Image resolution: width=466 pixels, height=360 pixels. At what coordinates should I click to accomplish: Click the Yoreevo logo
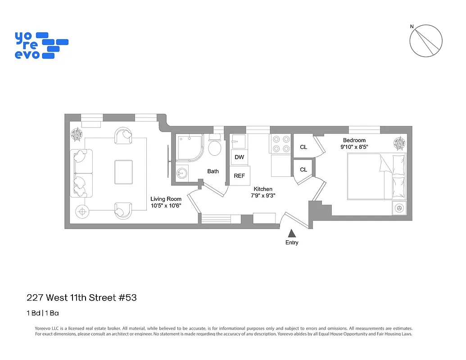point(41,45)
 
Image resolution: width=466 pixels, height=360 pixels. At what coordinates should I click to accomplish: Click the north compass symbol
point(425,41)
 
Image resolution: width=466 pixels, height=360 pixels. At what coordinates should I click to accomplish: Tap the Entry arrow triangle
point(292,233)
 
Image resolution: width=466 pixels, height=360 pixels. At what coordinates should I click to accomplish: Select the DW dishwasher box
point(239,157)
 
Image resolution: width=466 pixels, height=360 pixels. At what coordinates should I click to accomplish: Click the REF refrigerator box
point(239,175)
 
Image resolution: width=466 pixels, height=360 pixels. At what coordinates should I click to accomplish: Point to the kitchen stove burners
point(281,144)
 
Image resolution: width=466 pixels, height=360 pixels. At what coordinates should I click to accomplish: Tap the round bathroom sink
point(181,173)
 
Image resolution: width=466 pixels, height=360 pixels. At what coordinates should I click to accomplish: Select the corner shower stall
point(190,148)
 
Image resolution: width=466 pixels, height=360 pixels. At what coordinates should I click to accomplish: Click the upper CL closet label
point(303,147)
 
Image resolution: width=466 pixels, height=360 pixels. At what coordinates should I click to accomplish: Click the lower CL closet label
point(303,170)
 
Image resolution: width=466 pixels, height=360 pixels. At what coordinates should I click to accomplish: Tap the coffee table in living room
point(123,172)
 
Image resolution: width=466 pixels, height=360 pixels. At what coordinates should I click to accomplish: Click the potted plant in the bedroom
point(399,144)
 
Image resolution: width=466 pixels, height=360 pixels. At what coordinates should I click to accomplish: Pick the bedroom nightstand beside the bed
point(399,208)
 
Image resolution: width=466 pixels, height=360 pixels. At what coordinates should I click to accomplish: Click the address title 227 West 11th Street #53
point(81,297)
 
